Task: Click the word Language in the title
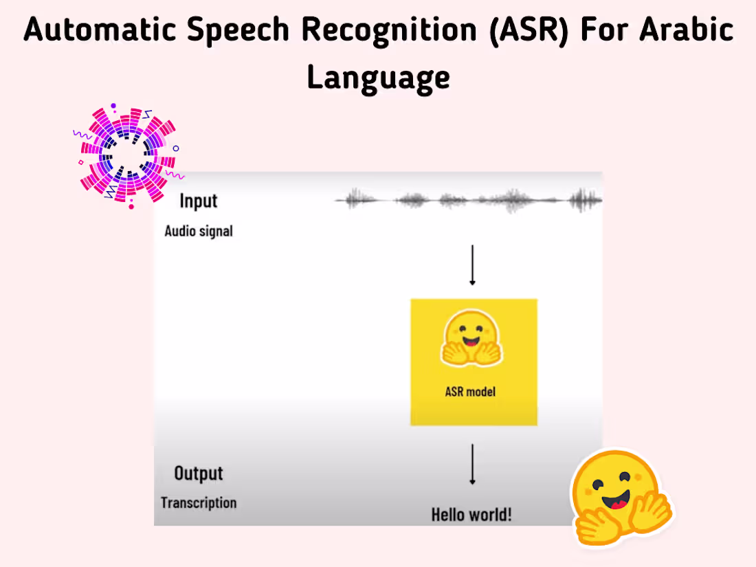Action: point(378,77)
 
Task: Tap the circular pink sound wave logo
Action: point(127,156)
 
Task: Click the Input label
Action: point(198,201)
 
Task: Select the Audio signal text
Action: point(199,231)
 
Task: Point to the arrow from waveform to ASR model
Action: point(472,264)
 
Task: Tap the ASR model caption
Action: point(471,392)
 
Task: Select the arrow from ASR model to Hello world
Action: point(472,465)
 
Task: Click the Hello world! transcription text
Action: point(471,514)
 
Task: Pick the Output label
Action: point(199,474)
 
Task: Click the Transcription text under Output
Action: point(199,503)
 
